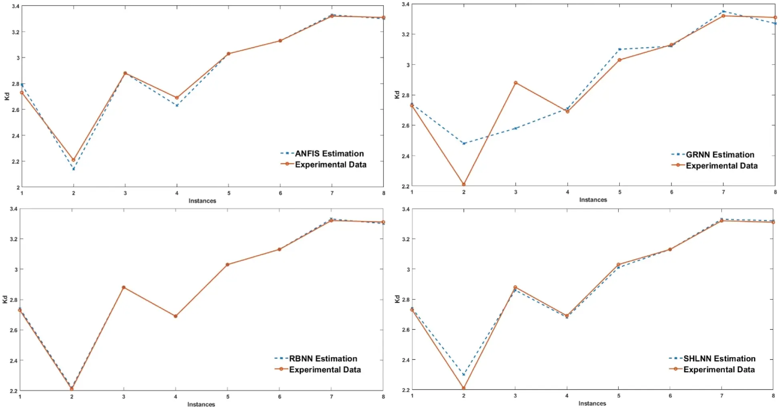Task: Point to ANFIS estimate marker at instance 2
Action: pyautogui.click(x=73, y=169)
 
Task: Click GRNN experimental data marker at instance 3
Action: pyautogui.click(x=516, y=83)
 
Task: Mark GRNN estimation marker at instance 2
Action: pyautogui.click(x=464, y=143)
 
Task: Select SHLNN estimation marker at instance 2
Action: pyautogui.click(x=464, y=375)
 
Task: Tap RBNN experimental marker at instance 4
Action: pyautogui.click(x=175, y=316)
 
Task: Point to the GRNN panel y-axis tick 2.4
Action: pyautogui.click(x=405, y=156)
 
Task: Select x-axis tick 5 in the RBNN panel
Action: pyautogui.click(x=228, y=397)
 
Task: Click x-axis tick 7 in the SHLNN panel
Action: pyautogui.click(x=722, y=396)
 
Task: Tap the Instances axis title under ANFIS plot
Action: pyautogui.click(x=202, y=201)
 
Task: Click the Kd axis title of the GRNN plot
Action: pyautogui.click(x=397, y=95)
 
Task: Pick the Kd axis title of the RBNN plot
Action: pyautogui.click(x=5, y=299)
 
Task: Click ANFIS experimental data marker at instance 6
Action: pyautogui.click(x=280, y=41)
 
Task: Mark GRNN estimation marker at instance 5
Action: pyautogui.click(x=619, y=49)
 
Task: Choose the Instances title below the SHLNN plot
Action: pyautogui.click(x=592, y=404)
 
